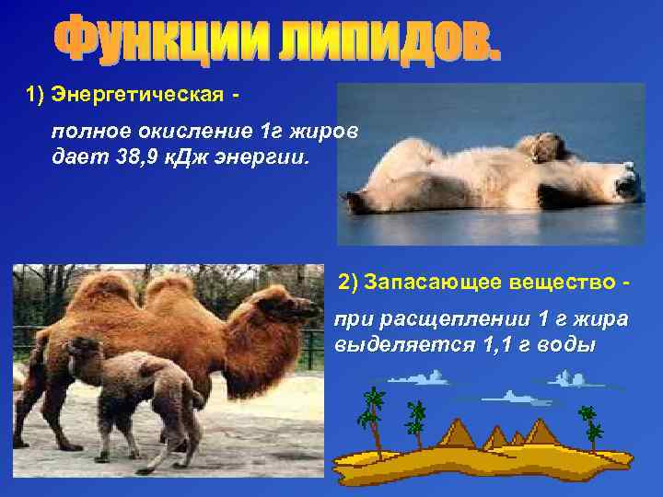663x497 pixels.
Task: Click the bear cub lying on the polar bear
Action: pyautogui.click(x=542, y=147)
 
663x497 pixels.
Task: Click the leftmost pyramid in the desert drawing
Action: pyautogui.click(x=465, y=433)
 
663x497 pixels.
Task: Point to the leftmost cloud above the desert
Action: pyautogui.click(x=413, y=376)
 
